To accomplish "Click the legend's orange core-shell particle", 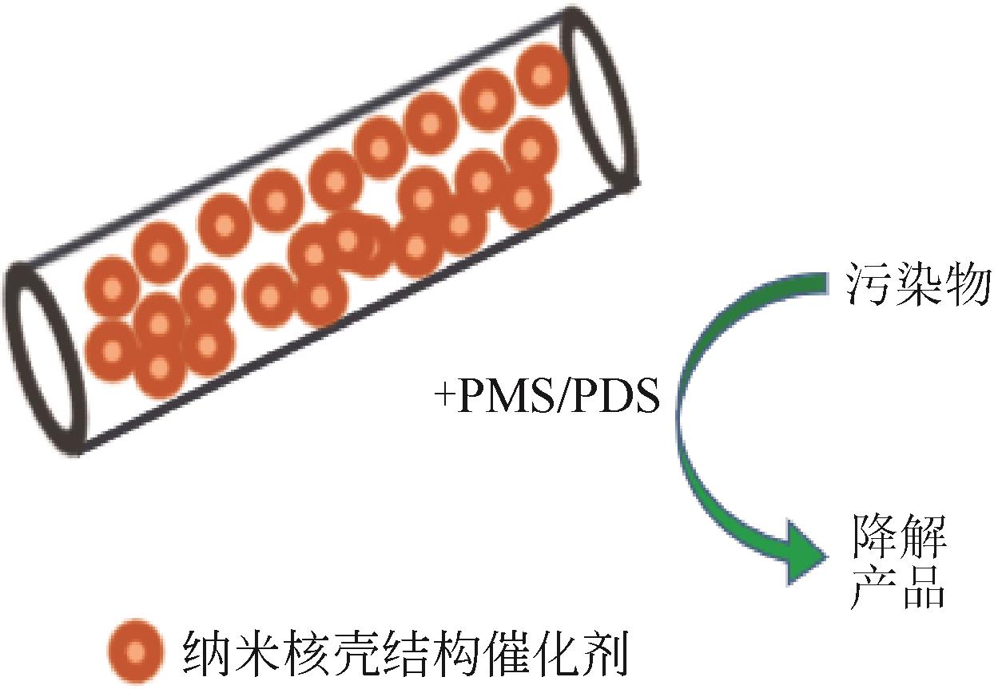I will pyautogui.click(x=135, y=651).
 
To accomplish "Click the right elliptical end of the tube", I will pyautogui.click(x=600, y=97).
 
